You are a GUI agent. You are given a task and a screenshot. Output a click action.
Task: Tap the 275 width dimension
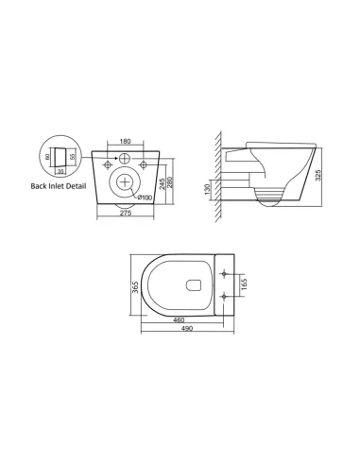(125, 213)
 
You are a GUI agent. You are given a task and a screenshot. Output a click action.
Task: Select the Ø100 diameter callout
(144, 196)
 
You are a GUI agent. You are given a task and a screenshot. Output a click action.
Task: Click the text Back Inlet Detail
(59, 186)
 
